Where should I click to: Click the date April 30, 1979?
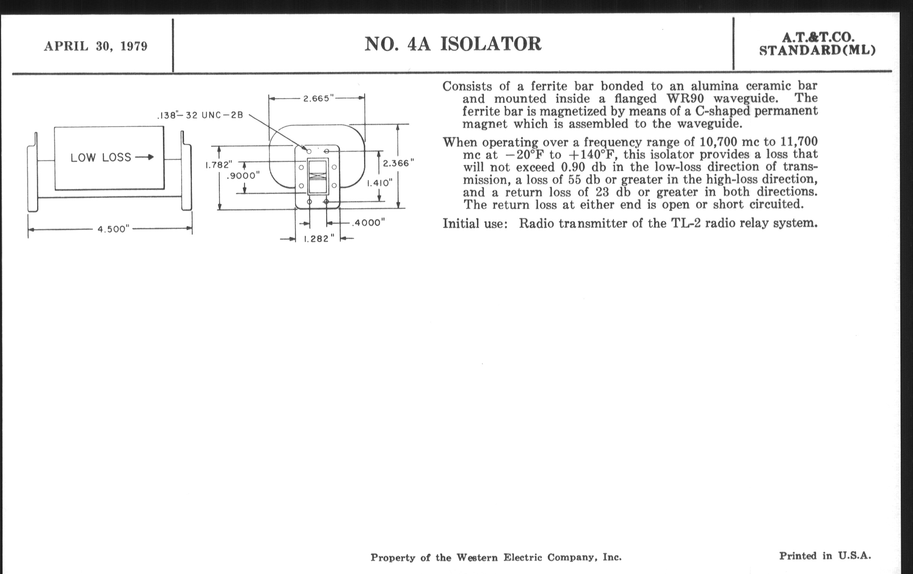[96, 46]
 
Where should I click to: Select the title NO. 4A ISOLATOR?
[453, 44]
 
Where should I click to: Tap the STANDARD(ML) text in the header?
[817, 50]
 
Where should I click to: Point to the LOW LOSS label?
[101, 158]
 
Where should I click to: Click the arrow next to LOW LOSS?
[145, 157]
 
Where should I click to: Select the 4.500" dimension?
[114, 229]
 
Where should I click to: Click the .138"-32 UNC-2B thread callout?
[200, 115]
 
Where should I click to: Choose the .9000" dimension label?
[243, 176]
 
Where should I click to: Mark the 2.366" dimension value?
[398, 163]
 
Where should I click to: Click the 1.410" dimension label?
[380, 183]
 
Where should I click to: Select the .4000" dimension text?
[368, 223]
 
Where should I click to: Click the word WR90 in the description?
[685, 99]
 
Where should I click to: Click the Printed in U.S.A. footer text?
[825, 556]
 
